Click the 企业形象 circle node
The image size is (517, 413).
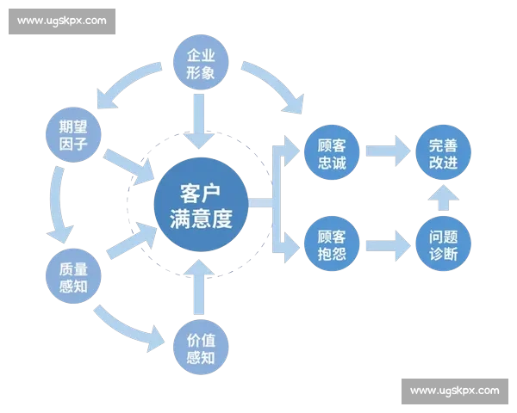[201, 62]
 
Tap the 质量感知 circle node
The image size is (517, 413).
[73, 273]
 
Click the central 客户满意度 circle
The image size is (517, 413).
[201, 204]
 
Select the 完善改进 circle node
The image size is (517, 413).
[443, 153]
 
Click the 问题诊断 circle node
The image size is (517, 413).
[443, 246]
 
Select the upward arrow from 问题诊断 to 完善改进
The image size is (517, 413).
[443, 200]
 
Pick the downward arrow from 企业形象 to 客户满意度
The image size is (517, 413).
[201, 118]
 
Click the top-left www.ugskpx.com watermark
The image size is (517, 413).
[62, 20]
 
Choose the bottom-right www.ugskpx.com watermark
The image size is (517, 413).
[454, 391]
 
